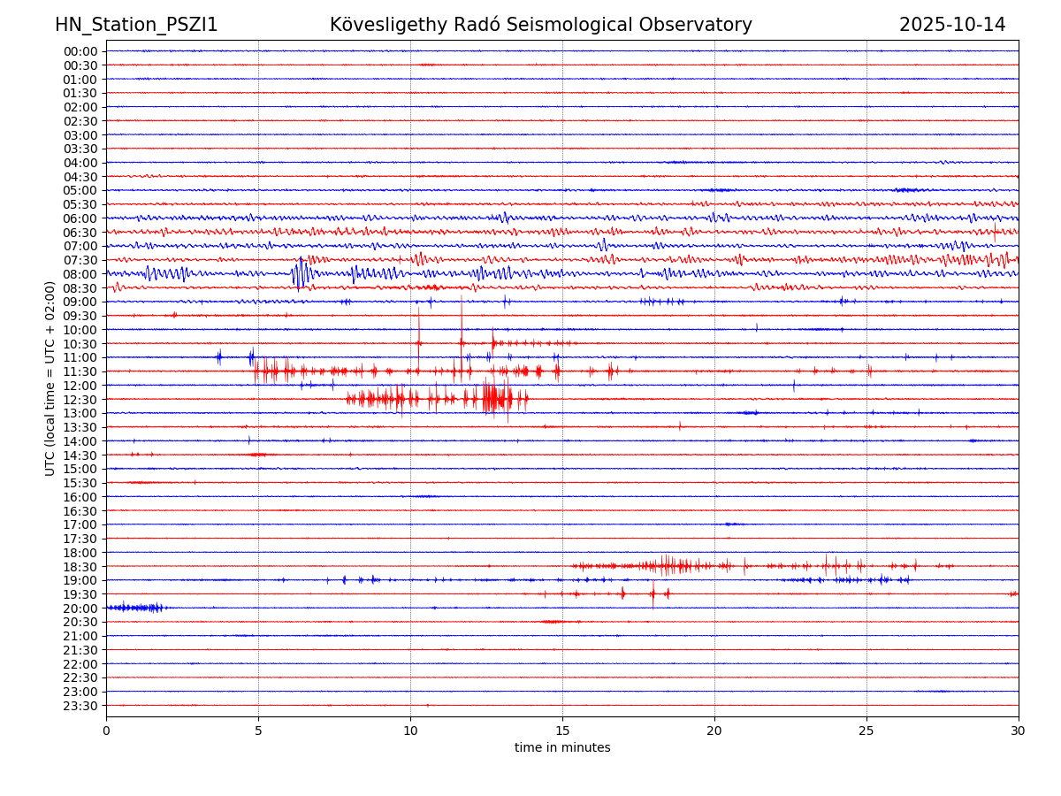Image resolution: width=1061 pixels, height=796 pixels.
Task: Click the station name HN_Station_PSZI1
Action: point(136,26)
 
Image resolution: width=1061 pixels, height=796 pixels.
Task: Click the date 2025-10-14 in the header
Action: point(952,26)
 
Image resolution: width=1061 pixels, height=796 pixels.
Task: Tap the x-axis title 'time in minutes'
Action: point(562,748)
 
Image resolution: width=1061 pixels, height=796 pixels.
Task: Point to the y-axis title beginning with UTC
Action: point(50,379)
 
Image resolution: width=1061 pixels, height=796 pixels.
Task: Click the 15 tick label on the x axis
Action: point(562,731)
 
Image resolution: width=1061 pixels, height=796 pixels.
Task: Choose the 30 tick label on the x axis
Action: point(1019,731)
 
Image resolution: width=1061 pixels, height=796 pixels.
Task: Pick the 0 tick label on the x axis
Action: point(106,731)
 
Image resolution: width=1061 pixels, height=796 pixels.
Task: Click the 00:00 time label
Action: point(80,51)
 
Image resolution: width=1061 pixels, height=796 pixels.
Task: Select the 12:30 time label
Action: point(80,400)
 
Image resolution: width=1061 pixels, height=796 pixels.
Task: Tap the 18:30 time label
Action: point(80,567)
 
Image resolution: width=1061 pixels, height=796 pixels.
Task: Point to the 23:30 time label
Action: point(80,706)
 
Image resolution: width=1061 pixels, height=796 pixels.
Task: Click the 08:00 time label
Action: point(80,274)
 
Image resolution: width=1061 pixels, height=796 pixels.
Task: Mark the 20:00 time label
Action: point(80,608)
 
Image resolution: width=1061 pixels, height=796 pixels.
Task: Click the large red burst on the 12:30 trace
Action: point(496,398)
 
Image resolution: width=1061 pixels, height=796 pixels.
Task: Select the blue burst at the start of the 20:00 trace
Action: point(133,608)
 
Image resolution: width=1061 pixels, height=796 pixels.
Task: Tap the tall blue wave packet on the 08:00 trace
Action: point(300,273)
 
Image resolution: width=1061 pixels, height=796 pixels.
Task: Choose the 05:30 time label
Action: point(80,204)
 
